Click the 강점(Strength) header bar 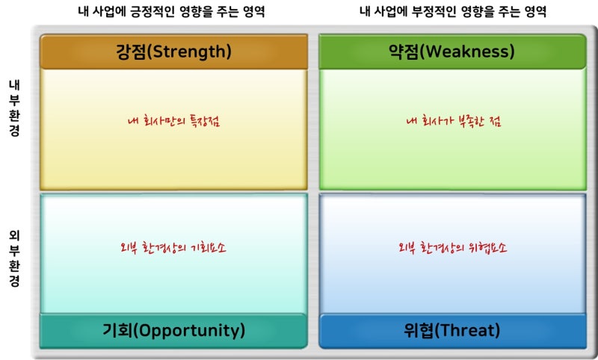173,52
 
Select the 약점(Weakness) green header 452,52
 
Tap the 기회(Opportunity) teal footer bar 173,330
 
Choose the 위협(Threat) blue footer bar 452,330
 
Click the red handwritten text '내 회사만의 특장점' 173,120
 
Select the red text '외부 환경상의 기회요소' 173,248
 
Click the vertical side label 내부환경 14,108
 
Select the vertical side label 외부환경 14,257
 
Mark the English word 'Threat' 468,330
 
